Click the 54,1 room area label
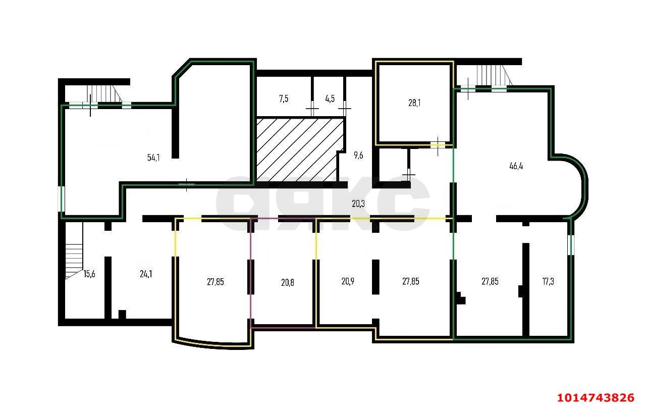pos(153,157)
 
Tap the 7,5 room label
pos(284,98)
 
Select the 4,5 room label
pos(330,98)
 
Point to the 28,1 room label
pos(414,103)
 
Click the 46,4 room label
pos(516,166)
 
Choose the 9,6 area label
pos(358,156)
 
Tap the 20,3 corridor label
pos(358,204)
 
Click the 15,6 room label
pos(89,274)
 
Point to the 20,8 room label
pos(288,282)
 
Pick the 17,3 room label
pos(548,281)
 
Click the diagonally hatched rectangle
pos(300,149)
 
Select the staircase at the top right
pos(493,76)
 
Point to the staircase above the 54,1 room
pos(103,94)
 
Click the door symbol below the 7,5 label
pos(312,109)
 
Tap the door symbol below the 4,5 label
pos(345,109)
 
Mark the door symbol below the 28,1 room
pos(438,145)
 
